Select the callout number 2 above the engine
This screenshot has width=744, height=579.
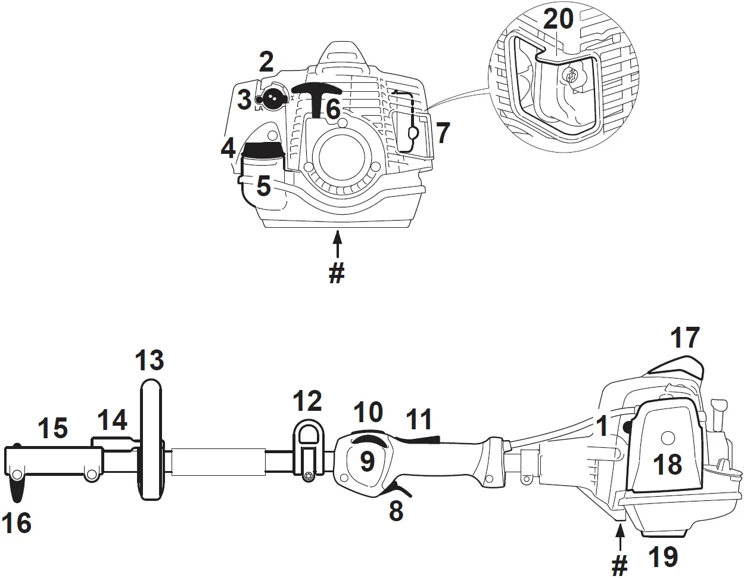[266, 62]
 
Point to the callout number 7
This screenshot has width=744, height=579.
[443, 133]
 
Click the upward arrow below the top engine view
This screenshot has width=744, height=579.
[338, 244]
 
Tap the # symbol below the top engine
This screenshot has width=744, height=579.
[337, 273]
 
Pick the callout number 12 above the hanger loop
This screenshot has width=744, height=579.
[307, 401]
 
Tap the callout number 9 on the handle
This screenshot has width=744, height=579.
[367, 461]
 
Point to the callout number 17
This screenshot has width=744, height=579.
[684, 338]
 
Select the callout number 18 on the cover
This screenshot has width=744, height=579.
[667, 464]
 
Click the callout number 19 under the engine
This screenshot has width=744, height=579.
[662, 556]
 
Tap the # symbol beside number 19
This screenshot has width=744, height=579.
[620, 564]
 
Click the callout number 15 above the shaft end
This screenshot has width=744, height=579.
[53, 428]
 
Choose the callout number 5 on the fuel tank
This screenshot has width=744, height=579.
[264, 187]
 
